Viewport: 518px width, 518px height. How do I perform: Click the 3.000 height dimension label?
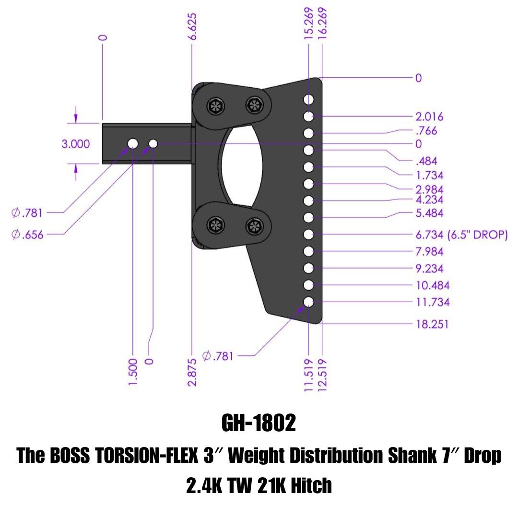[x=75, y=144]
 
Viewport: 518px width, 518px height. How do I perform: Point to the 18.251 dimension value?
[x=432, y=324]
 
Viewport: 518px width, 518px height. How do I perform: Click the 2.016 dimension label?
[x=429, y=117]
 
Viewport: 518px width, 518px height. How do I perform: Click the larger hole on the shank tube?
[x=133, y=143]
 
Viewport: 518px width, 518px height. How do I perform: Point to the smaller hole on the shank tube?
[x=153, y=143]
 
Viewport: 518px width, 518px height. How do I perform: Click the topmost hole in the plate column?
[x=308, y=99]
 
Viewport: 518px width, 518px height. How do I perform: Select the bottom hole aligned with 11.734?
[x=308, y=302]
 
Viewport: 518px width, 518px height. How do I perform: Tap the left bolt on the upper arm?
[x=214, y=106]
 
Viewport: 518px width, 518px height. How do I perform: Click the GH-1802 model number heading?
[x=259, y=424]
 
